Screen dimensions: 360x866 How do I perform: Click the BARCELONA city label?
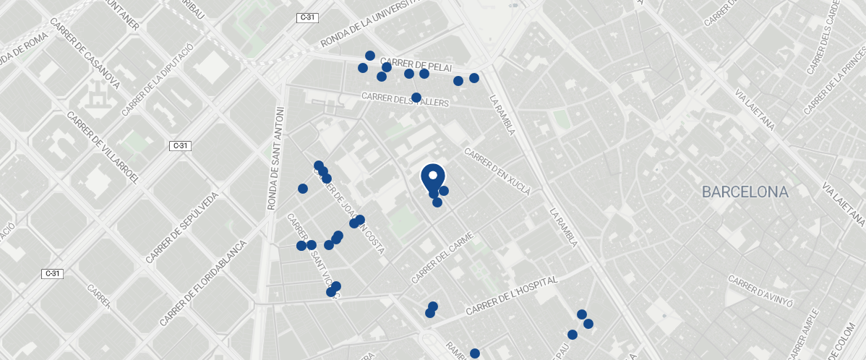[745, 192]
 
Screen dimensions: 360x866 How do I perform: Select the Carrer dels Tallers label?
[405, 100]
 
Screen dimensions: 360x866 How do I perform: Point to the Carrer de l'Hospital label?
[511, 296]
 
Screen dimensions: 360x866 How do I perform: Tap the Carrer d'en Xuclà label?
[498, 173]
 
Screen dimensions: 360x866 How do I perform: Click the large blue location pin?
[432, 177]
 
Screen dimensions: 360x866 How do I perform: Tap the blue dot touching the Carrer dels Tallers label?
[416, 98]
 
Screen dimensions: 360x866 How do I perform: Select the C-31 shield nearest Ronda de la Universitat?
[306, 17]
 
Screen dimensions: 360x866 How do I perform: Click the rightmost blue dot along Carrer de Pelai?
[474, 78]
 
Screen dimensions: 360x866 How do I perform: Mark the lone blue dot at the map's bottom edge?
[475, 353]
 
